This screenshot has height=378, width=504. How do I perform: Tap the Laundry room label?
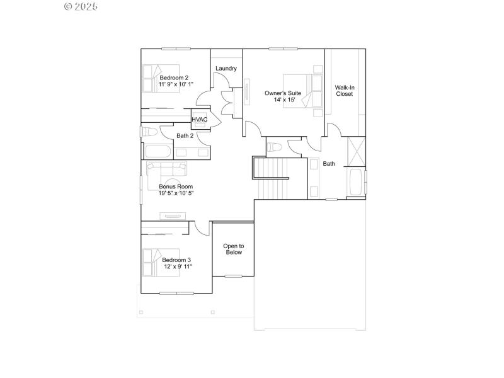click(x=226, y=68)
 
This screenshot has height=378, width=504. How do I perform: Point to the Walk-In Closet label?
click(x=344, y=91)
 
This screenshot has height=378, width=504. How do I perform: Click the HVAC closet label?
click(x=200, y=119)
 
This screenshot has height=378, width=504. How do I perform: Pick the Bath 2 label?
click(x=185, y=135)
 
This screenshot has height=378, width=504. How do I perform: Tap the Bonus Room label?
click(x=176, y=186)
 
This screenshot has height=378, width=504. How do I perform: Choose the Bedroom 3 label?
click(x=176, y=260)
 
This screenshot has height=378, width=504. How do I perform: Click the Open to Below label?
click(x=233, y=249)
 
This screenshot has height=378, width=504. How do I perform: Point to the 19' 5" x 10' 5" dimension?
click(x=176, y=193)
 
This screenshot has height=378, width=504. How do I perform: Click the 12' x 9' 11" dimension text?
click(x=176, y=266)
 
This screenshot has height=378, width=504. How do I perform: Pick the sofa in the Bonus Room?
click(x=167, y=169)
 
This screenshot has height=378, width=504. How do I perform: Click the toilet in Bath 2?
click(x=149, y=132)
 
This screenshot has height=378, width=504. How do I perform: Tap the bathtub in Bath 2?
click(x=157, y=152)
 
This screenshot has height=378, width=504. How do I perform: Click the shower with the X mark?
click(x=356, y=149)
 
